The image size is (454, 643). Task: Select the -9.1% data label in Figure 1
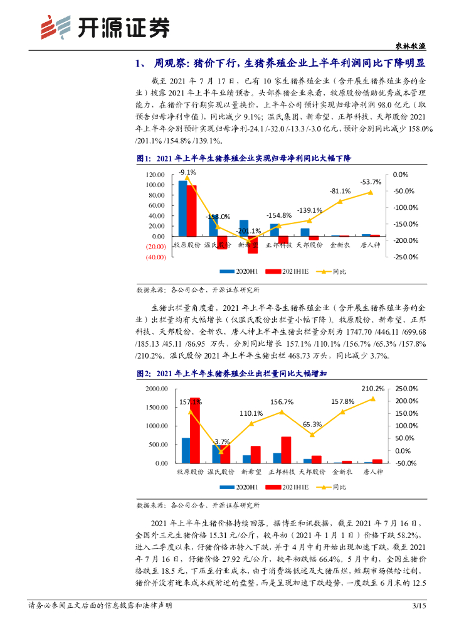point(187,171)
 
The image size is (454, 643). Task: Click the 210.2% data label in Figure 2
point(372,388)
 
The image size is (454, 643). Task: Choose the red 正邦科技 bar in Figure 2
point(286,450)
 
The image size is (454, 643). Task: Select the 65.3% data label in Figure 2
point(311,424)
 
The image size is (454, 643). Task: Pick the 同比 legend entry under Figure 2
point(339,487)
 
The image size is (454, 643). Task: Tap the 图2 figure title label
point(144,374)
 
